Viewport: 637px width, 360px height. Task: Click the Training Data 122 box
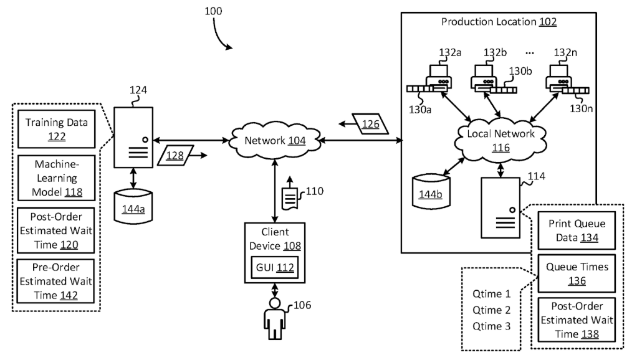(57, 128)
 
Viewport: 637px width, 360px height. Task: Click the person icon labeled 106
(273, 318)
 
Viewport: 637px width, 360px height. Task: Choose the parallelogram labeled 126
(370, 123)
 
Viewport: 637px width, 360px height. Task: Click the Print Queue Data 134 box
(572, 230)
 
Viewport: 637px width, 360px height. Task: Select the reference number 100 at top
(212, 11)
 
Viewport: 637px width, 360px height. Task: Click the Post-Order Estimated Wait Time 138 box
(572, 319)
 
